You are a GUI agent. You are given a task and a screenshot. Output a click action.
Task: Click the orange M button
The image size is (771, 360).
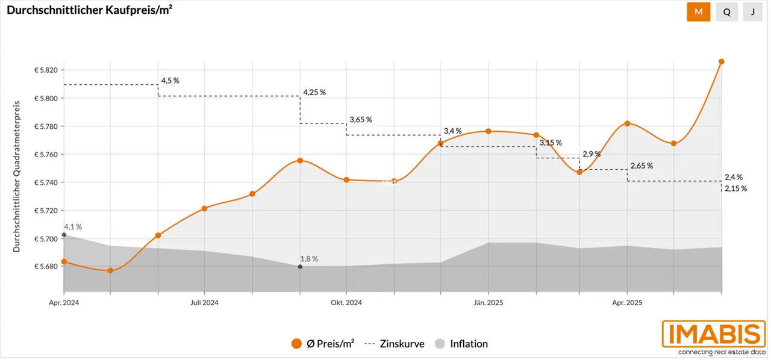(x=698, y=12)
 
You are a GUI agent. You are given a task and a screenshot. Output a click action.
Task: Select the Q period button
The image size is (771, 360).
(x=726, y=12)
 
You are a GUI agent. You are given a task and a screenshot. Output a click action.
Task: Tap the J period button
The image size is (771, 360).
(x=752, y=12)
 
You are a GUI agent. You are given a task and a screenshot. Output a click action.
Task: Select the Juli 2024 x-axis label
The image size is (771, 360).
(x=204, y=303)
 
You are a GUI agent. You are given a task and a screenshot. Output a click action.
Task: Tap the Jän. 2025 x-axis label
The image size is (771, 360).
(x=488, y=303)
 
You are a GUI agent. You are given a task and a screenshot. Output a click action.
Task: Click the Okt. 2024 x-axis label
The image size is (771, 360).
(x=346, y=303)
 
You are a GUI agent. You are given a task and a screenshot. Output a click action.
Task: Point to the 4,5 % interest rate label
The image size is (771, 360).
(x=170, y=80)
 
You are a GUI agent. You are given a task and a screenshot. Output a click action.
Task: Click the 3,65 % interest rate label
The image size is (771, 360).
(x=361, y=119)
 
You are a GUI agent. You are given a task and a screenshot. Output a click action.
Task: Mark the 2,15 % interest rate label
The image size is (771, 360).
(x=735, y=188)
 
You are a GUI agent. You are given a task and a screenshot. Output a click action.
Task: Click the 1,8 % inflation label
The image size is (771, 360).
(x=309, y=259)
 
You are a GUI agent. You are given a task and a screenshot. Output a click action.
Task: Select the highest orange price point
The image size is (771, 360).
(x=722, y=61)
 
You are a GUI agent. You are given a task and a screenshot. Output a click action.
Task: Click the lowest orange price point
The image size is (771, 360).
(x=110, y=271)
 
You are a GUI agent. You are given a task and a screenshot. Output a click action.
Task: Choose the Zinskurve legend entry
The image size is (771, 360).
(x=395, y=344)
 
